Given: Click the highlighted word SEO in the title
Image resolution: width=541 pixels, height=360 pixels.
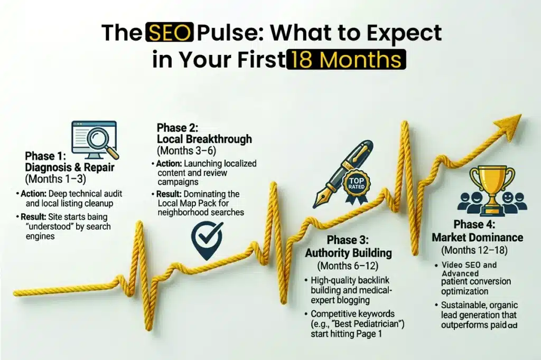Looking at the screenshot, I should click(x=170, y=33).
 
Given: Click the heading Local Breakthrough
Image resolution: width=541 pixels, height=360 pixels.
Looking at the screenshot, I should click(x=204, y=139).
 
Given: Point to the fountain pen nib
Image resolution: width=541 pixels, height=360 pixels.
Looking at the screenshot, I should click(x=321, y=200).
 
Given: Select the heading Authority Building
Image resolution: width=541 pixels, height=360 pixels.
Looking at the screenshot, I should click(x=348, y=253).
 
